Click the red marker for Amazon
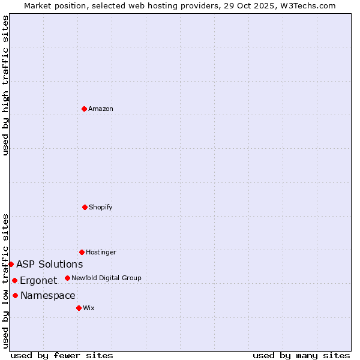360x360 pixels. pyautogui.click(x=84, y=109)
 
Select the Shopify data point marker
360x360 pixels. pyautogui.click(x=85, y=207)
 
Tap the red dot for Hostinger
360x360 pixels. pyautogui.click(x=82, y=252)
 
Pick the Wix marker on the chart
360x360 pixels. pyautogui.click(x=79, y=308)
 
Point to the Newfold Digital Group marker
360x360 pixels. pyautogui.click(x=67, y=278)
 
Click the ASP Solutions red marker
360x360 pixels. pyautogui.click(x=11, y=264)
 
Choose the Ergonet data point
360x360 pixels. pyautogui.click(x=14, y=280)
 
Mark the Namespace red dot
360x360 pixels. pyautogui.click(x=15, y=295)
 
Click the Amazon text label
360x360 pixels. pyautogui.click(x=101, y=109)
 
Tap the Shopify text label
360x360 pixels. pyautogui.click(x=101, y=207)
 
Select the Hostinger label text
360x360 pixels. pyautogui.click(x=101, y=252)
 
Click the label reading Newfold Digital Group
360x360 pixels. pyautogui.click(x=106, y=278)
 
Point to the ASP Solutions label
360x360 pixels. pyautogui.click(x=49, y=264)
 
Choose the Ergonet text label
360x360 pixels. pyautogui.click(x=38, y=280)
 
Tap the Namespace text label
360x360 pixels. pyautogui.click(x=47, y=295)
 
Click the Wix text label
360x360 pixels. pyautogui.click(x=89, y=308)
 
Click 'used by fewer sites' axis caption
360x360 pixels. pyautogui.click(x=62, y=355)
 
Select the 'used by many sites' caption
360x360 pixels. pyautogui.click(x=301, y=355)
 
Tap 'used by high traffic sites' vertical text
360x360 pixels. pyautogui.click(x=5, y=85)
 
